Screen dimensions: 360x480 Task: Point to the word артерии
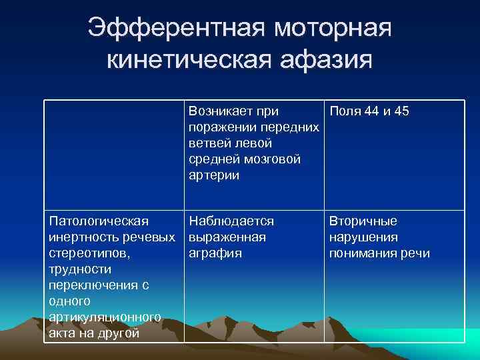click(x=213, y=175)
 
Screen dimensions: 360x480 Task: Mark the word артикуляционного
click(x=105, y=317)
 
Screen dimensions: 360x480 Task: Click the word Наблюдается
click(x=231, y=221)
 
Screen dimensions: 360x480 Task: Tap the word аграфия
click(x=215, y=253)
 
